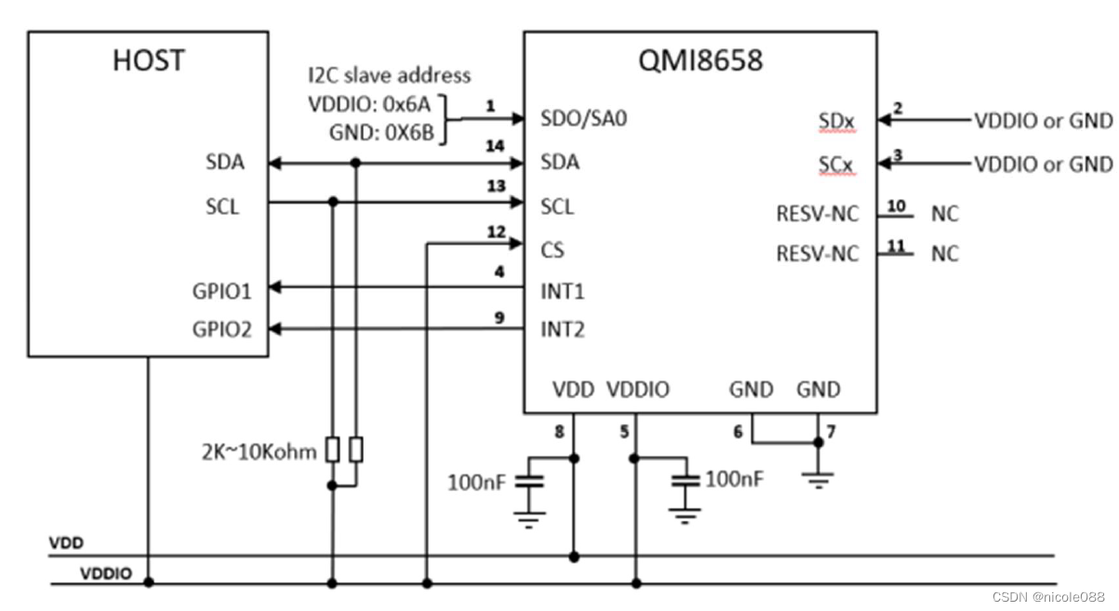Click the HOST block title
[148, 60]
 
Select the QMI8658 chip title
[699, 60]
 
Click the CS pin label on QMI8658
[553, 249]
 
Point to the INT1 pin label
[562, 291]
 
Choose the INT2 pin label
[563, 329]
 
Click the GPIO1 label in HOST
[222, 290]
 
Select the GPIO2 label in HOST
[222, 329]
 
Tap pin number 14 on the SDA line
[496, 147]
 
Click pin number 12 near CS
[496, 232]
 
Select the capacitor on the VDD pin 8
[529, 483]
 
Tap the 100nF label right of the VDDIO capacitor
[735, 479]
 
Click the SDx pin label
[837, 122]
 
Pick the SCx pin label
[837, 166]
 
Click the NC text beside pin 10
[944, 214]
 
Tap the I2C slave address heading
[390, 75]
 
